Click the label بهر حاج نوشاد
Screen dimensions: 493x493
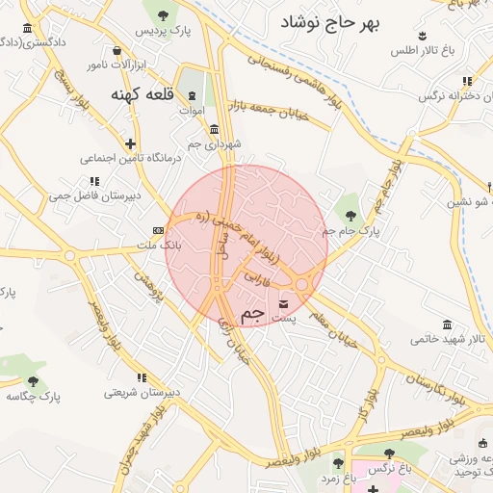(332, 21)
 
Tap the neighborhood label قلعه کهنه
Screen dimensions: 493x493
(142, 94)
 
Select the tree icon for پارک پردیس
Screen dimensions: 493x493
(162, 14)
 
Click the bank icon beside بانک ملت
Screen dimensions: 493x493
(158, 231)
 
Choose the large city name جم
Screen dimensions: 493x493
(251, 315)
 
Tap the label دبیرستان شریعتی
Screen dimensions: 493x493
(142, 393)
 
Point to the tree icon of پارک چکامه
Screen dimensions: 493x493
(35, 381)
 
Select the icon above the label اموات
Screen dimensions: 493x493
(191, 95)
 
